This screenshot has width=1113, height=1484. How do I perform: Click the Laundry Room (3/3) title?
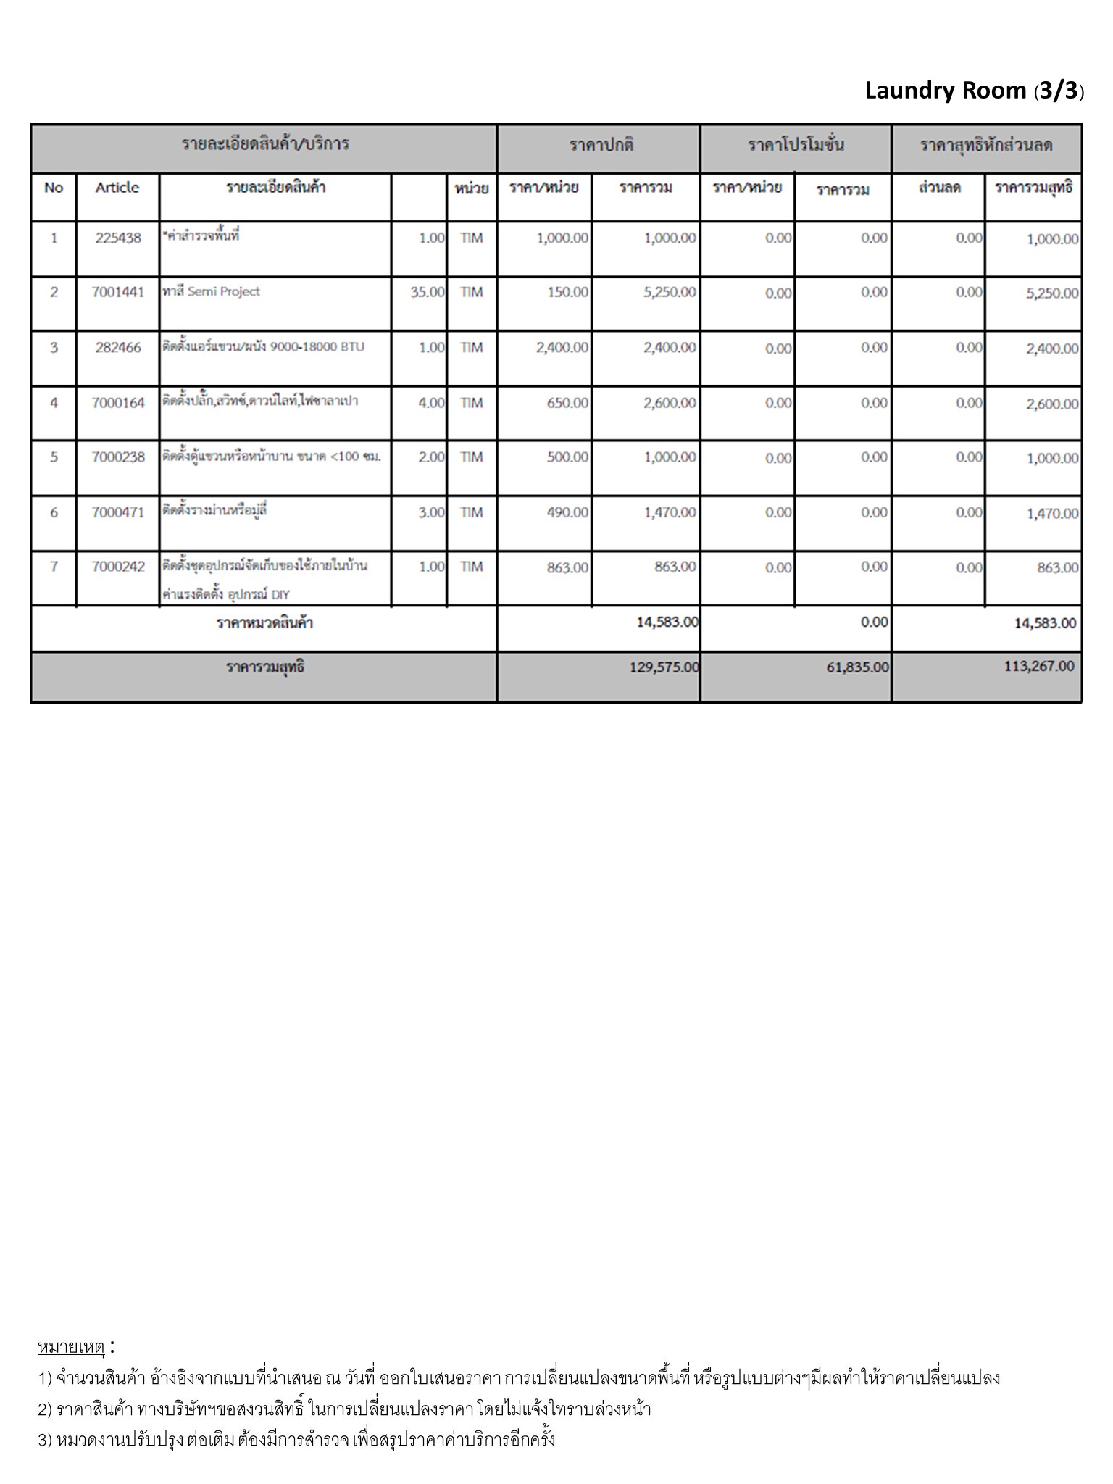click(x=974, y=91)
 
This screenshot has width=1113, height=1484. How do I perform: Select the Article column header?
click(x=117, y=188)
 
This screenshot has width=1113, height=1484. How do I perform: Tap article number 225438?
click(x=118, y=238)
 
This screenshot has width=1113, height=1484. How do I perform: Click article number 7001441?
click(x=118, y=293)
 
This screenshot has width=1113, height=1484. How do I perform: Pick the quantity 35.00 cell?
click(x=427, y=293)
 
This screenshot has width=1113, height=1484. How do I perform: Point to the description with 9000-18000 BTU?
click(x=264, y=347)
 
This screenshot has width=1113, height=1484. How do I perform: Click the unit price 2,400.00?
click(x=562, y=348)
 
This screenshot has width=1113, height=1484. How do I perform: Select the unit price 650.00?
click(x=567, y=403)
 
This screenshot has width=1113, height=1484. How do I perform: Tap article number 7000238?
click(x=118, y=457)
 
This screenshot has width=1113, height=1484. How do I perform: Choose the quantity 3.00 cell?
click(x=431, y=513)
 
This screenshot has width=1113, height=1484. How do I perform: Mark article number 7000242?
click(x=118, y=567)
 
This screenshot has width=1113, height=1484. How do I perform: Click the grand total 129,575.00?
click(x=664, y=667)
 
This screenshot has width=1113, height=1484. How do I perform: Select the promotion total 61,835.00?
click(x=857, y=667)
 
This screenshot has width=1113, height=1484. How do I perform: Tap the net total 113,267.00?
click(x=1039, y=667)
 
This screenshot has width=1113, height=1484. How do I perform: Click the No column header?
click(x=54, y=188)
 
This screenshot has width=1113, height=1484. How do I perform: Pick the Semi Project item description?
click(x=212, y=292)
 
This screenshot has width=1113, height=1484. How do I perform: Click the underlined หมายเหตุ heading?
click(x=72, y=1347)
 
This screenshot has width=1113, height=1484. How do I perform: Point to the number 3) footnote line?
click(x=296, y=1439)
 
